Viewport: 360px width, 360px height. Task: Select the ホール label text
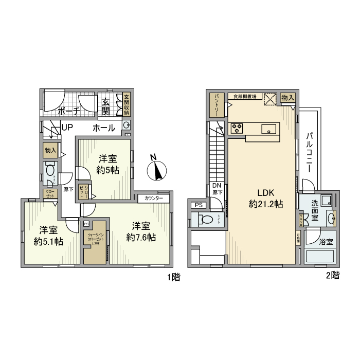(x=103, y=128)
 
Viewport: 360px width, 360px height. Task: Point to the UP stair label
(x=67, y=128)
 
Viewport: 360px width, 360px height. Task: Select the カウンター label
(x=153, y=198)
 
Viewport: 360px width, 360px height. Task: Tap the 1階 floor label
(x=173, y=278)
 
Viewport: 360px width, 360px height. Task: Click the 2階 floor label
(x=332, y=276)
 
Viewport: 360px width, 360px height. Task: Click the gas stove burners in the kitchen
(x=238, y=129)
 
